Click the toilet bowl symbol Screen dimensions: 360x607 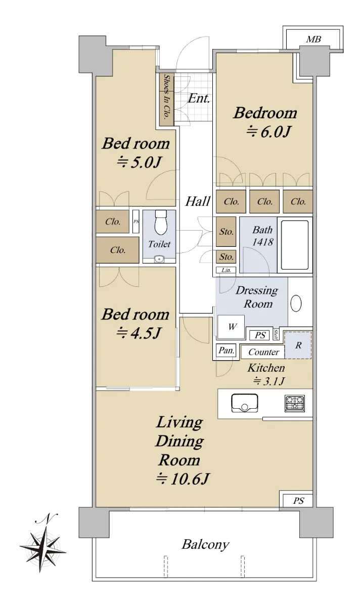(x=161, y=223)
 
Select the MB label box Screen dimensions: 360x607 (x=313, y=39)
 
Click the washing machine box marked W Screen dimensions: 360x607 (x=231, y=327)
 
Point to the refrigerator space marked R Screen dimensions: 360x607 (x=298, y=345)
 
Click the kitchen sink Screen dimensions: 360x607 (x=245, y=403)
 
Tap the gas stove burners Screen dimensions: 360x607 (x=294, y=403)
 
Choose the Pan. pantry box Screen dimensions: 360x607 (x=226, y=351)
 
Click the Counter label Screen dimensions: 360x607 (x=263, y=352)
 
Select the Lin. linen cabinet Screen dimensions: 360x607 (x=226, y=270)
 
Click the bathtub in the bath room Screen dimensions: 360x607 (x=295, y=245)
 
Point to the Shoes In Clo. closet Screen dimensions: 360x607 (x=166, y=100)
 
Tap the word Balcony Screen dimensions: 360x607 (x=205, y=545)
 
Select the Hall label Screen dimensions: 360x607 (x=198, y=201)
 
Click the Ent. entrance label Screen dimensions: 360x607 (x=199, y=98)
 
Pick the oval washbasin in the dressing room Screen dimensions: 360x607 (x=296, y=303)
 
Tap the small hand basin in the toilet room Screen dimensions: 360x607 (x=159, y=259)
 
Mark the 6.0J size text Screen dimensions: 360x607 (x=268, y=132)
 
